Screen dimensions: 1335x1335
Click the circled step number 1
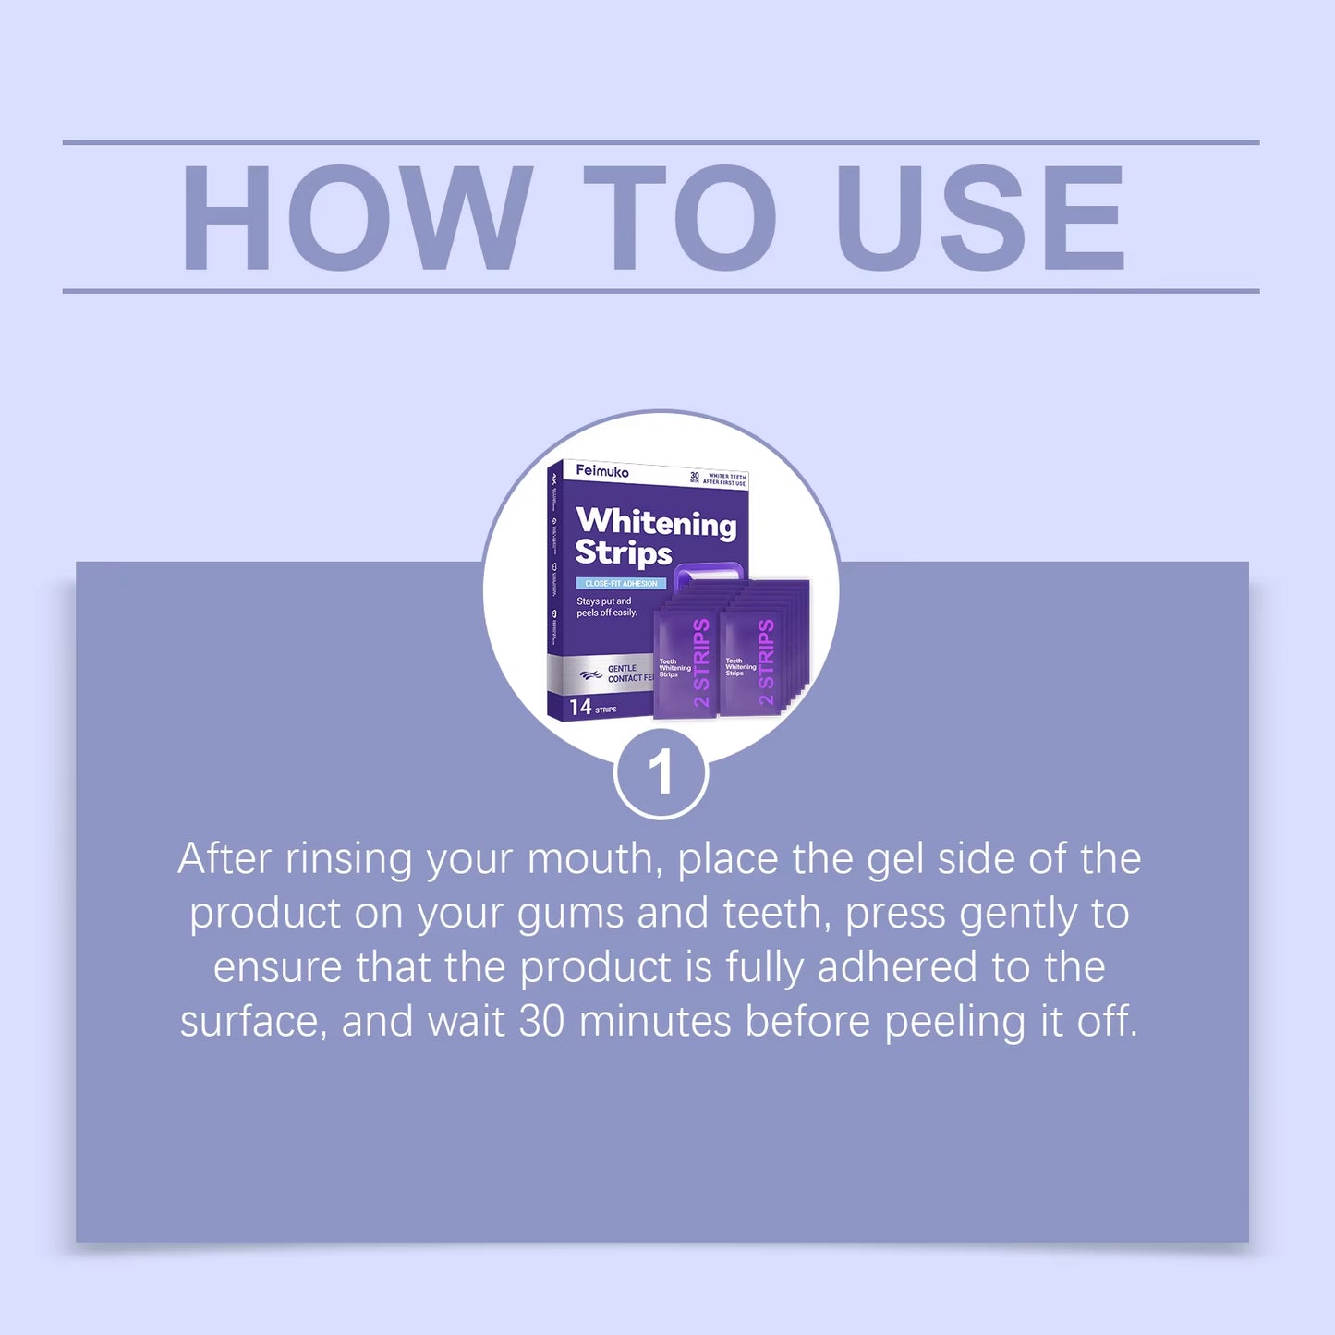coord(661,773)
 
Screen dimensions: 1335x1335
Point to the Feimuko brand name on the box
coord(602,471)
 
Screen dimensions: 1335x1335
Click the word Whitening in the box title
coord(656,522)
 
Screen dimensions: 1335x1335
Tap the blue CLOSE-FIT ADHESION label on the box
coord(621,584)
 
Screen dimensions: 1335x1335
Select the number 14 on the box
coord(580,708)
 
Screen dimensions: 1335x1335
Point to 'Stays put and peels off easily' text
coord(606,607)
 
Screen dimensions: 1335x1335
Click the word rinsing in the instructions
coord(348,859)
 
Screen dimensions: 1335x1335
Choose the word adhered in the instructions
coord(897,967)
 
